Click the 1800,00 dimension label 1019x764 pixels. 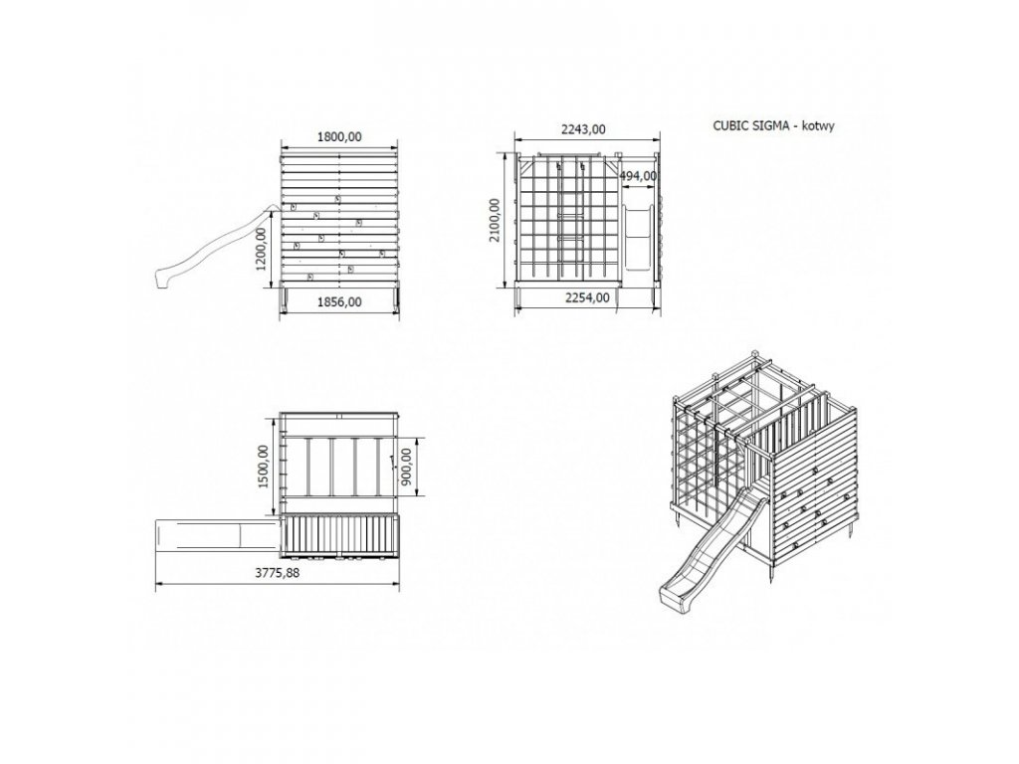340,138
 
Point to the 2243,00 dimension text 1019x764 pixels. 583,129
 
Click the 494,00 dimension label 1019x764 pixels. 638,176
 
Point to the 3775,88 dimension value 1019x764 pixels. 278,573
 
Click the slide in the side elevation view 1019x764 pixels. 215,249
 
